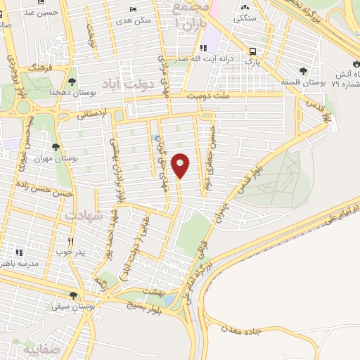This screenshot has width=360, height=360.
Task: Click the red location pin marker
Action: click(x=181, y=165)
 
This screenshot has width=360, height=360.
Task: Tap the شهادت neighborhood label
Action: click(x=83, y=215)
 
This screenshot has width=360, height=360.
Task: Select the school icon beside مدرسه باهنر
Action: click(x=20, y=252)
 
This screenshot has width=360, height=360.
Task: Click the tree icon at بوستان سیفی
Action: click(x=72, y=295)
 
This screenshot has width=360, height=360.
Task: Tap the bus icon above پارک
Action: click(x=252, y=51)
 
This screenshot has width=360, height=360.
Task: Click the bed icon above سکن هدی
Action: click(x=134, y=10)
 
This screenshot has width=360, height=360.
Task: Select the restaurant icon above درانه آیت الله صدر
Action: click(x=202, y=48)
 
